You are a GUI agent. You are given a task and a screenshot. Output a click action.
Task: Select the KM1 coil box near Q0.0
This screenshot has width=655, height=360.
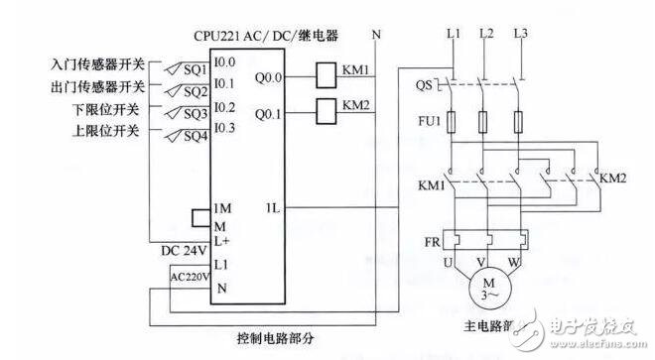coord(327,72)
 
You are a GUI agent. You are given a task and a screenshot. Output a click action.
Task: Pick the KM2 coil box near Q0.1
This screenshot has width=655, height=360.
coord(327,107)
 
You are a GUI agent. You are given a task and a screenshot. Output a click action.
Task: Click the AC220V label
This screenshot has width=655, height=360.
coord(189,278)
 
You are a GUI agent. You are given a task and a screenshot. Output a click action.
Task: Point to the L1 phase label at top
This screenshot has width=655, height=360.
coord(454,35)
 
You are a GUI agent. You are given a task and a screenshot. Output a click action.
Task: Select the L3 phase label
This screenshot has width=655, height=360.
coord(521,35)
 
